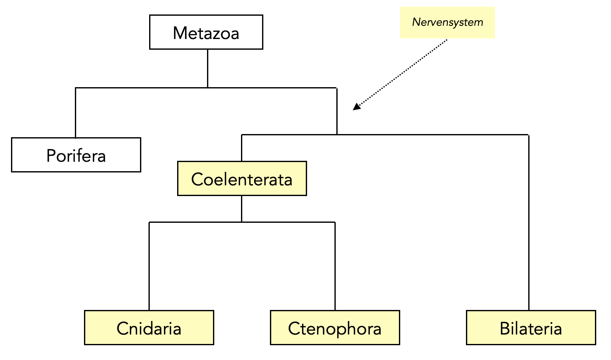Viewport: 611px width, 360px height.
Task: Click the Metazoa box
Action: point(206,32)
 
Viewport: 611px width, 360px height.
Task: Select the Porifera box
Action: point(76,155)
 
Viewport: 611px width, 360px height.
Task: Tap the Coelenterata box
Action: point(242,179)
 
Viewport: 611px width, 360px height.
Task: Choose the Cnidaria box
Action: point(149,328)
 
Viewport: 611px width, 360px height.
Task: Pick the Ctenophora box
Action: point(335,328)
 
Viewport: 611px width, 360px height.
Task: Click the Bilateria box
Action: point(531,328)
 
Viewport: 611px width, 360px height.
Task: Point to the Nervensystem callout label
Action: point(447,22)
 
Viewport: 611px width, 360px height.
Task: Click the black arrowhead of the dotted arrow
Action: point(356,107)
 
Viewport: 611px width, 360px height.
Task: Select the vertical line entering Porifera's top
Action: point(76,113)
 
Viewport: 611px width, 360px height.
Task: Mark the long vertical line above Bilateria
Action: point(529,220)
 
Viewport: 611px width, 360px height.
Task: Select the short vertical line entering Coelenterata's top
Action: point(242,148)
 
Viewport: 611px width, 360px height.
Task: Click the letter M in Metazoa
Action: point(180,33)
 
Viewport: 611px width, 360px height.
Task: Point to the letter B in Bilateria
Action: point(505,329)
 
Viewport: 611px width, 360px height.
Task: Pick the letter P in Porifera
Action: point(51,155)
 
